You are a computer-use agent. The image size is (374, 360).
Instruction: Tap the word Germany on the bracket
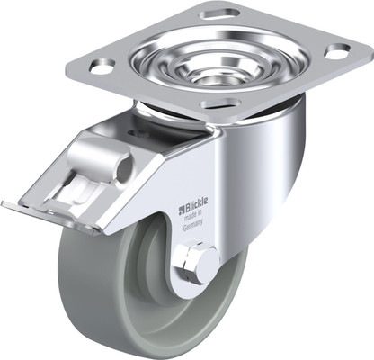tap(193, 226)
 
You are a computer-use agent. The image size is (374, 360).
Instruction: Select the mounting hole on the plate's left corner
tap(102, 66)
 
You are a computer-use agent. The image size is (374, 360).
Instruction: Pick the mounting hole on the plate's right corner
tap(337, 51)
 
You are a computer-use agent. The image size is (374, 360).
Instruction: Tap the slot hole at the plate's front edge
tap(219, 103)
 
